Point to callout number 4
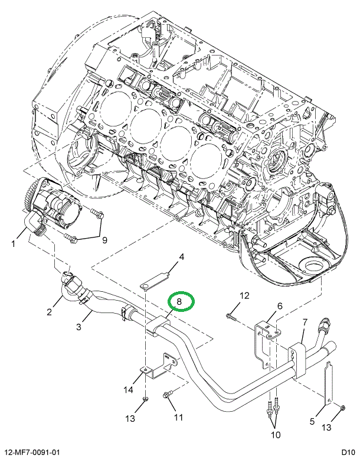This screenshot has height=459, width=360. pyautogui.click(x=182, y=257)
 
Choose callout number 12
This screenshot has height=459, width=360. pyautogui.click(x=244, y=295)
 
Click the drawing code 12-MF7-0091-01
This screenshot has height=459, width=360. pyautogui.click(x=35, y=451)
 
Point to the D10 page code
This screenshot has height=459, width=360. pyautogui.click(x=347, y=451)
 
